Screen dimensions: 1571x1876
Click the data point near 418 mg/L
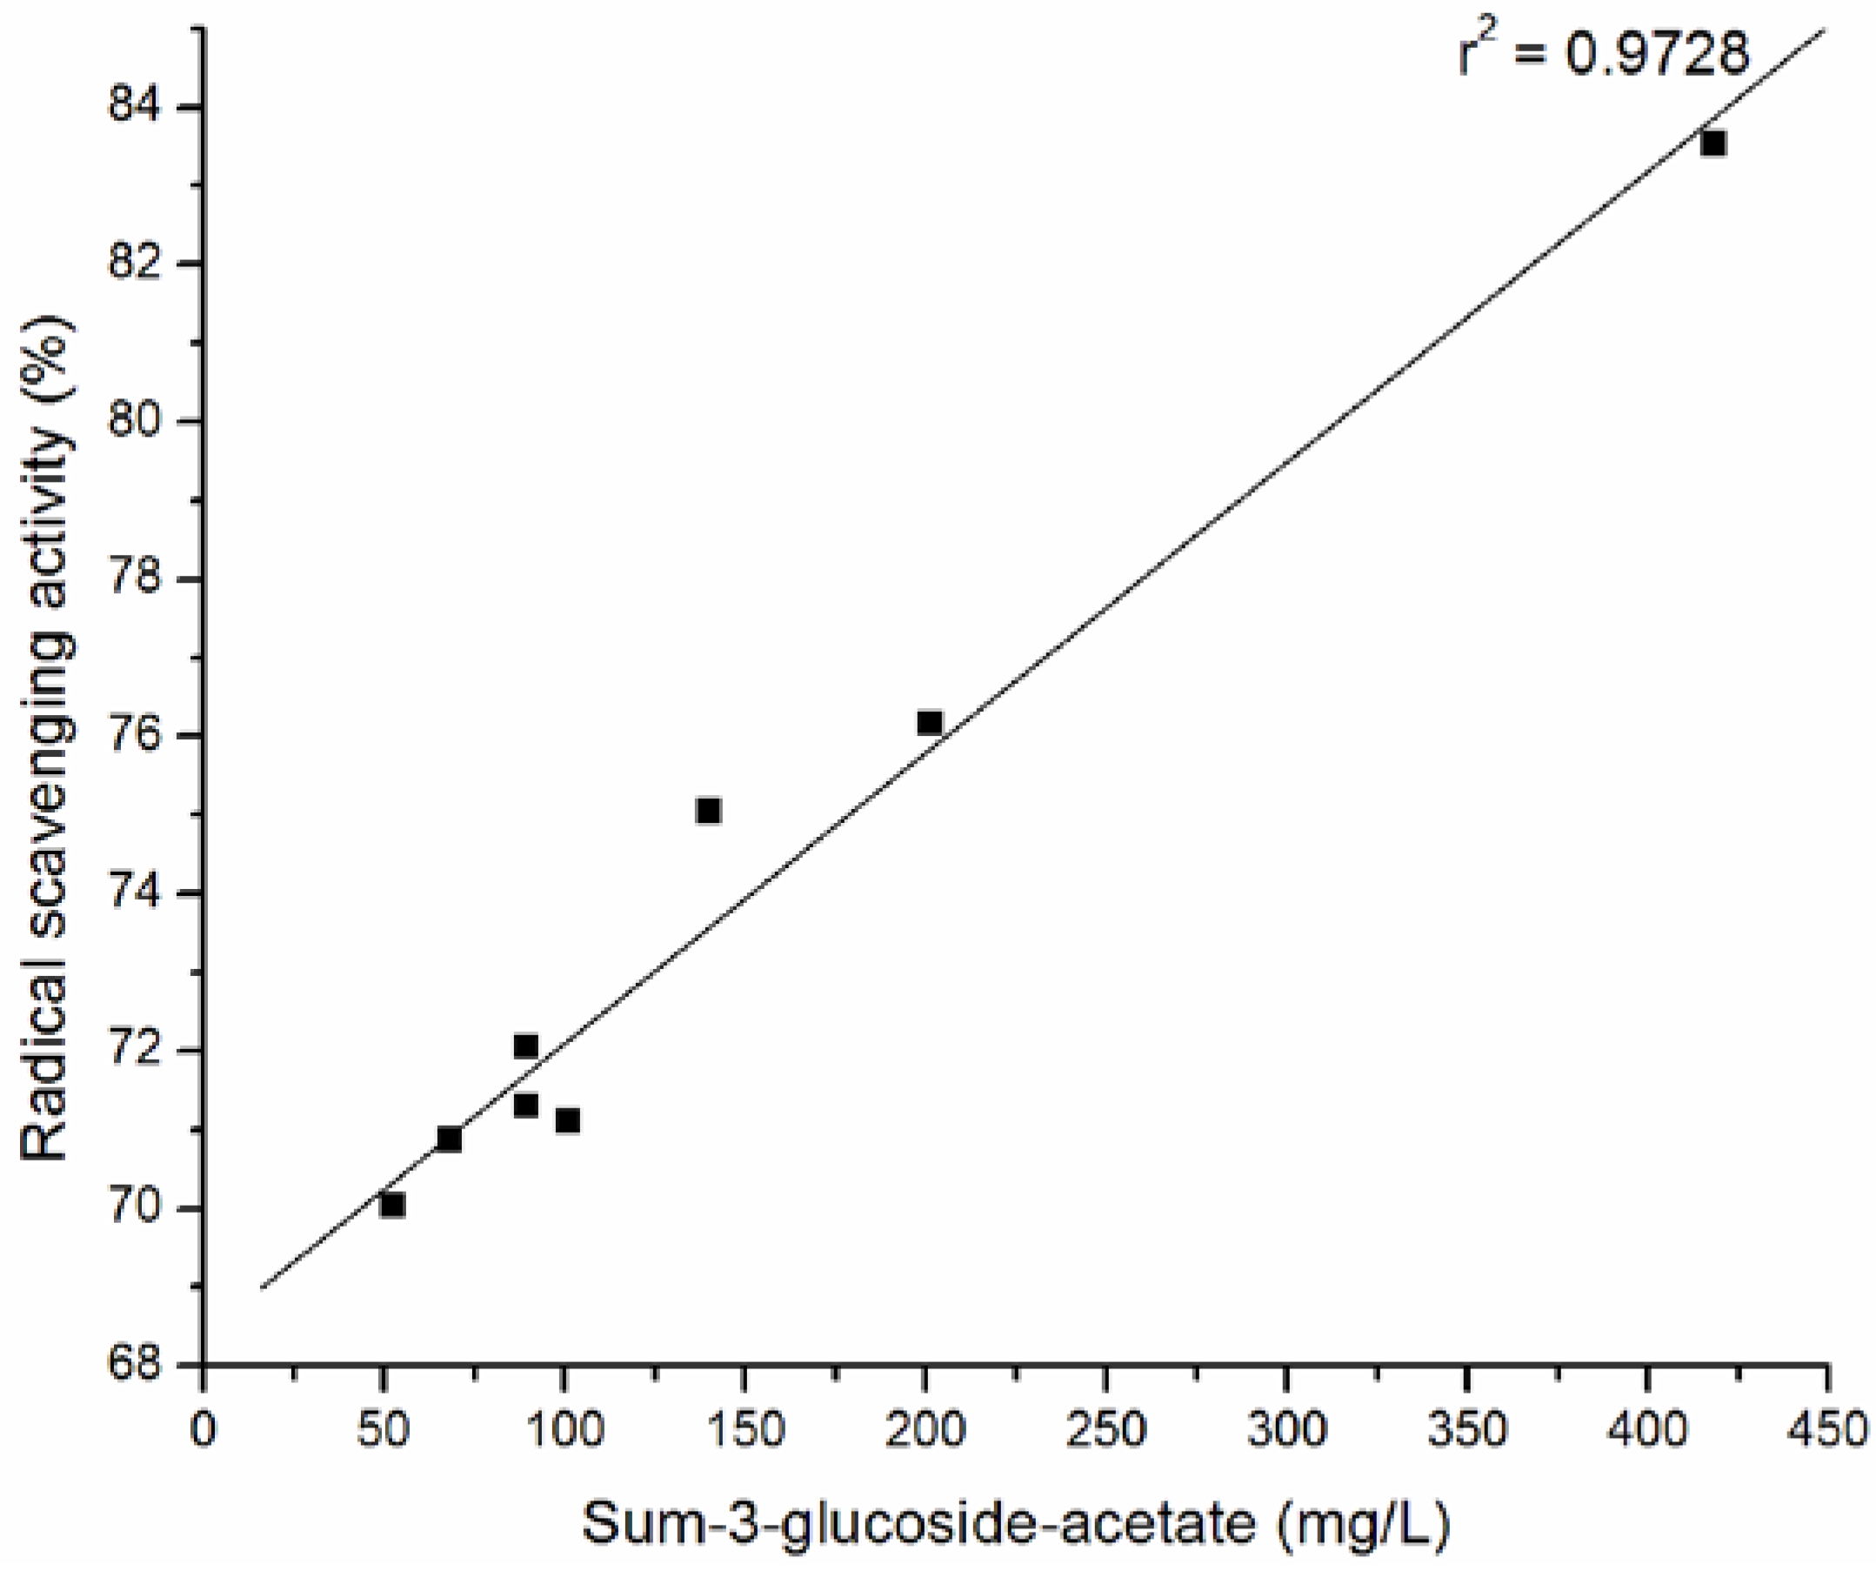(1712, 143)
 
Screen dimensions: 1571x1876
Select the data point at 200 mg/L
(929, 722)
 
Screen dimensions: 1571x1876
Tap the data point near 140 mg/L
(709, 811)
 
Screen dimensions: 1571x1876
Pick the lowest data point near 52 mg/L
(392, 1205)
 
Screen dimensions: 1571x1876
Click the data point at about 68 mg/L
(450, 1139)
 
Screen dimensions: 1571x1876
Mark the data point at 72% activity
(526, 1046)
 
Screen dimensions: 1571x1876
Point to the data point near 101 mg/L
(567, 1120)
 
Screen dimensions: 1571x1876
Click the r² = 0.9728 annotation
(1604, 54)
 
